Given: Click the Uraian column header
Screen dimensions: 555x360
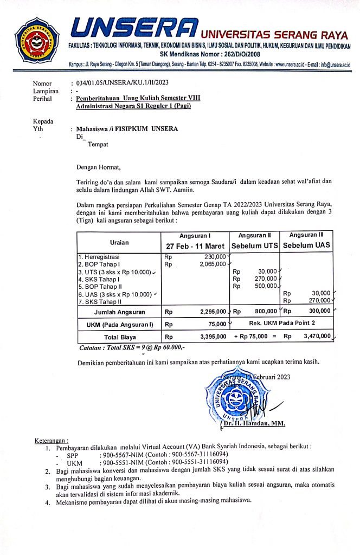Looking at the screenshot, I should point(119,242).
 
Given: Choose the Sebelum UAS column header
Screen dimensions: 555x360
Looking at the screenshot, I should point(307,246).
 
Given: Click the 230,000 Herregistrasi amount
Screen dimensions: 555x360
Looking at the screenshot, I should point(214,256).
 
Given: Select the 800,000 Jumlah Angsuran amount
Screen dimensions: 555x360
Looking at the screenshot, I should point(264,312).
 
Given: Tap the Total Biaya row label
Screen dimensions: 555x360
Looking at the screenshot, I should point(120,337).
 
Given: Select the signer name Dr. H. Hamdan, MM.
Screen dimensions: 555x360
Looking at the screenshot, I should point(254,423).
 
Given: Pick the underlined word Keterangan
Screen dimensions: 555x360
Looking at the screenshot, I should point(52,440).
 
